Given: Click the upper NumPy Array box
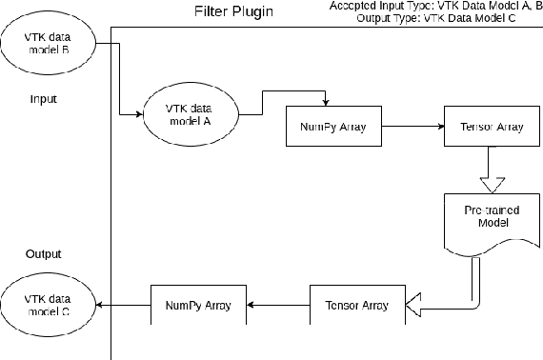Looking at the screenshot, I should point(333,126).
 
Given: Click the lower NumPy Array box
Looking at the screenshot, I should point(199,305).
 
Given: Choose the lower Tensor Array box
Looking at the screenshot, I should point(357,305).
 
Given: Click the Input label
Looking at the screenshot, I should point(44,98).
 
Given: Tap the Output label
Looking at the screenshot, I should point(44,254).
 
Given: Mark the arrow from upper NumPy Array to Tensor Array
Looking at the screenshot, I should point(412,126).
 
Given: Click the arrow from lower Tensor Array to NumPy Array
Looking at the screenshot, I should point(278,305).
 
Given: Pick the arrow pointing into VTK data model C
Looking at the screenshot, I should point(122,305).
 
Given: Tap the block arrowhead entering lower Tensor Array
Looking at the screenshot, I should point(413,305).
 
